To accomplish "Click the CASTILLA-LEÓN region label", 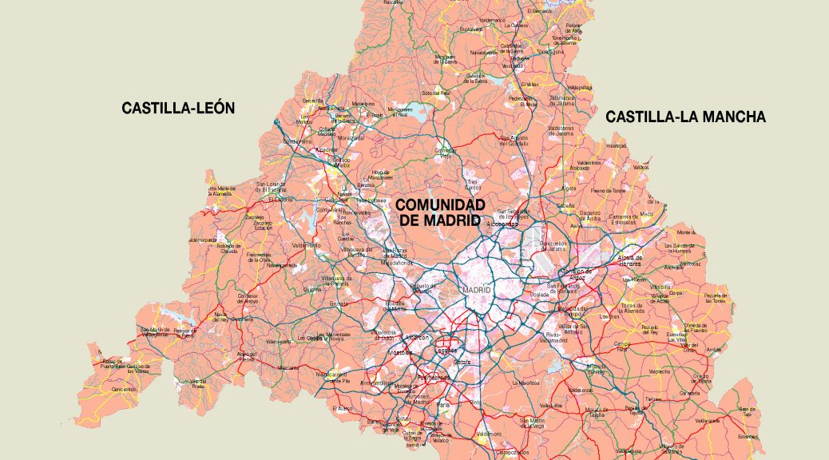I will [x=178, y=108].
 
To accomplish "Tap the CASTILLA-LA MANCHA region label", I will [x=685, y=117].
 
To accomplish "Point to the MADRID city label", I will [x=476, y=290].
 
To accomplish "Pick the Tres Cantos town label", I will [x=473, y=184].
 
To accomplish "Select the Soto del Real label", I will [x=437, y=93].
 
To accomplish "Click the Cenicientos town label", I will [x=124, y=390].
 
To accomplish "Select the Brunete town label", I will [x=339, y=304].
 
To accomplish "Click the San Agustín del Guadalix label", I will [x=514, y=141].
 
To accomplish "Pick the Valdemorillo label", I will [x=306, y=245].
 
